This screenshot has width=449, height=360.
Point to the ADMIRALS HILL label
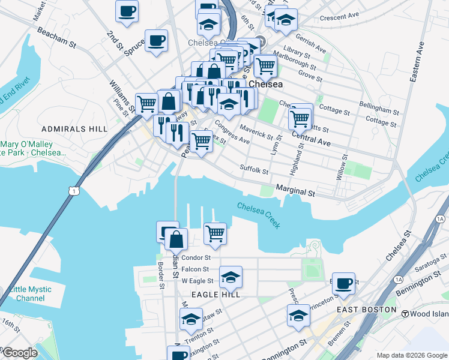tap(74, 129)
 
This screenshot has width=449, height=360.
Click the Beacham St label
tap(56, 37)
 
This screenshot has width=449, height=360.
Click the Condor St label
tap(196, 257)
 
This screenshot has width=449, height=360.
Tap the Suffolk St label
tap(253, 170)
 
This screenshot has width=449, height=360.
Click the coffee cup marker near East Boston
tap(344, 283)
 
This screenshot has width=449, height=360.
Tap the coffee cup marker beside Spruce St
tap(156, 41)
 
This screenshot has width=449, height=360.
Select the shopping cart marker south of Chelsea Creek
tap(215, 233)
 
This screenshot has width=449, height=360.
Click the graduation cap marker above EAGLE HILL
tap(231, 277)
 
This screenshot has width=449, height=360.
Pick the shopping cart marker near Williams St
tap(146, 104)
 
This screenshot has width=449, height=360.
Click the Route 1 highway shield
tap(73, 190)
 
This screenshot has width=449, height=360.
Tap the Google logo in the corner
tap(20, 353)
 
